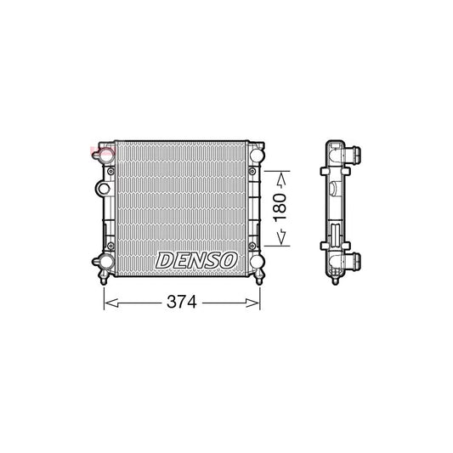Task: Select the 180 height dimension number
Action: click(x=282, y=207)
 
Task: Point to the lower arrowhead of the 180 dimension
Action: click(x=282, y=241)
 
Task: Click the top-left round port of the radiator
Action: click(x=105, y=156)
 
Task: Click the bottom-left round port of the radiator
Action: click(x=106, y=262)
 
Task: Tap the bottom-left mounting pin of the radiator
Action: click(x=105, y=277)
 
